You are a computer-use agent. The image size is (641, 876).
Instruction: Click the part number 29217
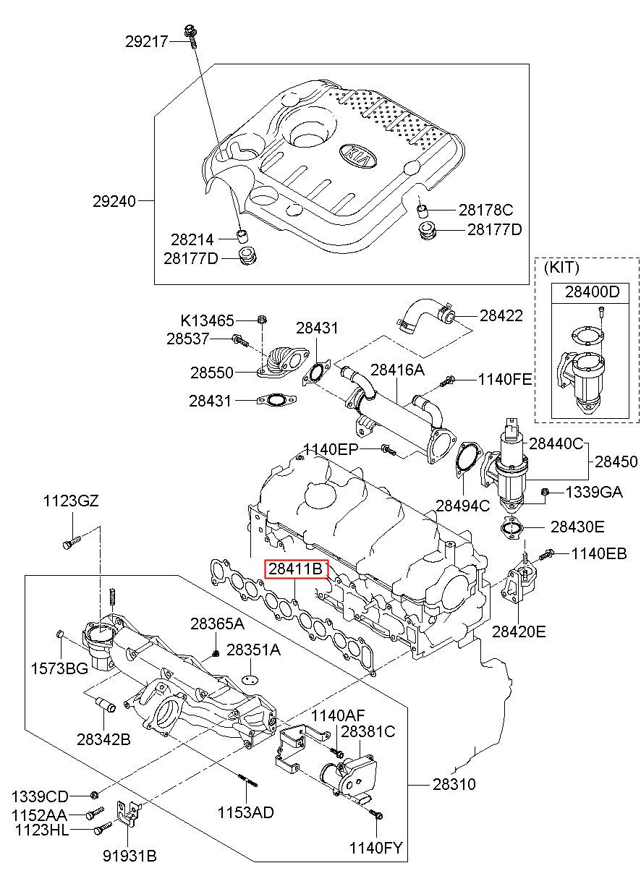146,42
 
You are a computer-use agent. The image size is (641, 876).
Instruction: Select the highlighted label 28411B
296,569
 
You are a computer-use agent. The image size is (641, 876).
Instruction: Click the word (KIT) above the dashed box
561,268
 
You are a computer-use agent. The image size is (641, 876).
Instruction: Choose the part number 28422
501,316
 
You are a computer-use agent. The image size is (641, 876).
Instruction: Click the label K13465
207,320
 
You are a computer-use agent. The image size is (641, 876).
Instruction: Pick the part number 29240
114,200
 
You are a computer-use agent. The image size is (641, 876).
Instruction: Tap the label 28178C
485,211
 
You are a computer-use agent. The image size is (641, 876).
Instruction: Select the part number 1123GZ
69,501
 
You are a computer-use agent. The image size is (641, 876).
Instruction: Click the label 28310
454,784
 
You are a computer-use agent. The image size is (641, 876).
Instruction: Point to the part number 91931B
129,856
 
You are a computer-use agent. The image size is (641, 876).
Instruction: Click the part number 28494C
462,505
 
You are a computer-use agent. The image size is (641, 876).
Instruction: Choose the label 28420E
519,632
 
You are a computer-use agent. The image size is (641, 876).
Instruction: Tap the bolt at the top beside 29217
191,32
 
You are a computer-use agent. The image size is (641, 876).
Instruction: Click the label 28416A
397,370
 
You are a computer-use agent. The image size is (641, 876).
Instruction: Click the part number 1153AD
246,812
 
